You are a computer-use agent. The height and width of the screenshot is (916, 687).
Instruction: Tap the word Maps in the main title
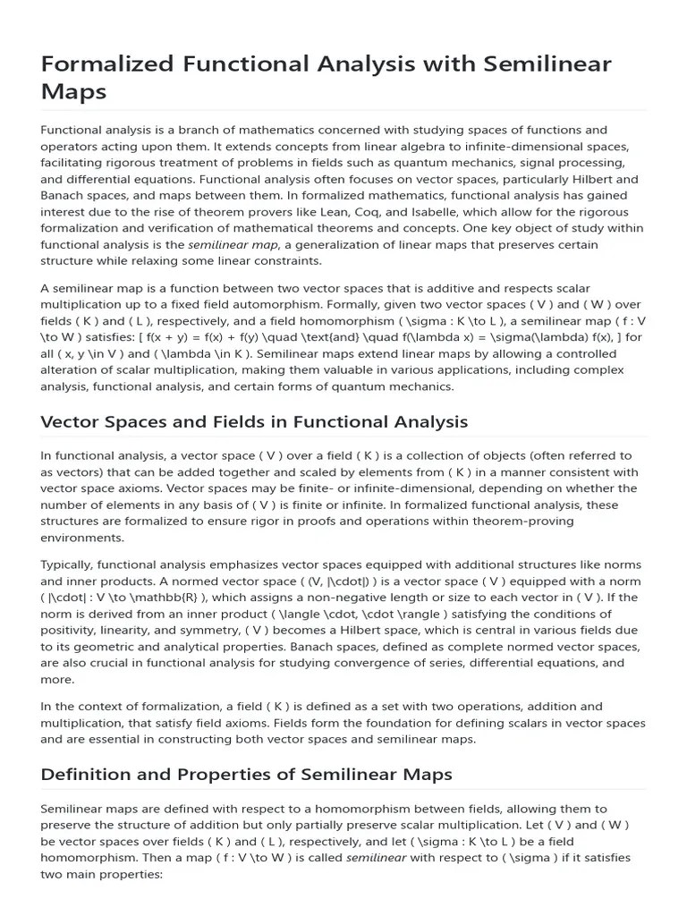point(74,91)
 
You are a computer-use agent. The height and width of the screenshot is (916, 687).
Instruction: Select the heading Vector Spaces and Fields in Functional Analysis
point(254,421)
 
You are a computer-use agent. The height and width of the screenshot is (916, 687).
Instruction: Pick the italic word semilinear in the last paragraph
point(376,857)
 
